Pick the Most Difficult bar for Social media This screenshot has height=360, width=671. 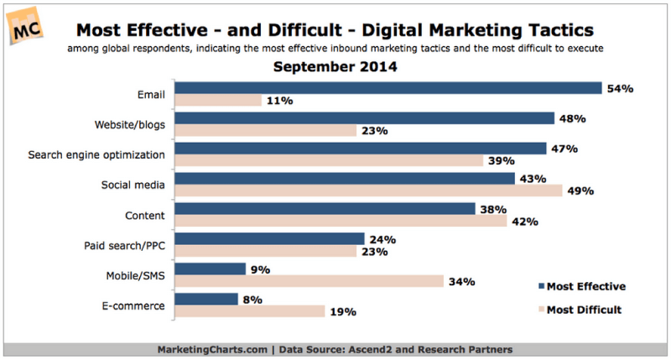tap(370, 190)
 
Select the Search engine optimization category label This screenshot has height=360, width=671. tap(96, 154)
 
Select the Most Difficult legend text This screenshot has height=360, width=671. tap(584, 309)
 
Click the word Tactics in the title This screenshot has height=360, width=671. tap(553, 30)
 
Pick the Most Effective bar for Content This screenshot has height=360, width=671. tap(326, 208)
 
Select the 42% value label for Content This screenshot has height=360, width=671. tap(523, 221)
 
